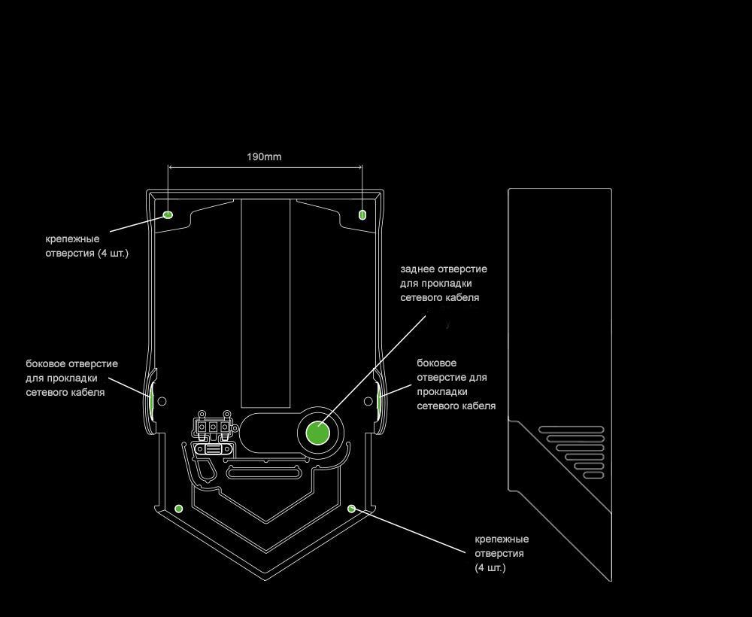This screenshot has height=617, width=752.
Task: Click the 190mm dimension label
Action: pyautogui.click(x=264, y=157)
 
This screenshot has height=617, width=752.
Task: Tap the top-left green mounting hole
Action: pyautogui.click(x=168, y=214)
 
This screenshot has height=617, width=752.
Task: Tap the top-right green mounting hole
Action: pyautogui.click(x=362, y=214)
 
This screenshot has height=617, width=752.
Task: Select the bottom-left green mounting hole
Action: pyautogui.click(x=178, y=509)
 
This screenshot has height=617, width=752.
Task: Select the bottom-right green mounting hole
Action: pyautogui.click(x=351, y=509)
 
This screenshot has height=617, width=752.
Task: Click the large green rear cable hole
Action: pyautogui.click(x=318, y=433)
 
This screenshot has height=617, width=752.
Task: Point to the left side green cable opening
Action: pyautogui.click(x=152, y=400)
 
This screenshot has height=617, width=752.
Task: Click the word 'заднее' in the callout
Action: pyautogui.click(x=417, y=269)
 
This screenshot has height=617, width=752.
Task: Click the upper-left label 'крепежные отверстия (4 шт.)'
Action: pyautogui.click(x=87, y=246)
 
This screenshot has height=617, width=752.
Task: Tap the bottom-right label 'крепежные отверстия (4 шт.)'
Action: pyautogui.click(x=502, y=553)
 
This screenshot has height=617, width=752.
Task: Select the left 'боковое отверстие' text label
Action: pyautogui.click(x=71, y=378)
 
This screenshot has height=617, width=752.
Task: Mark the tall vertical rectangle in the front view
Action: pyautogui.click(x=265, y=301)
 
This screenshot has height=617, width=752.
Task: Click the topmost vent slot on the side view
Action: pyautogui.click(x=571, y=430)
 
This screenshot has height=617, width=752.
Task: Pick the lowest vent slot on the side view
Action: pyautogui.click(x=593, y=475)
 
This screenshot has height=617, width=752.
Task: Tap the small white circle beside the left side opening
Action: pyautogui.click(x=162, y=402)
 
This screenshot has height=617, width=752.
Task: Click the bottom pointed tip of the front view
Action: pyautogui.click(x=265, y=579)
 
